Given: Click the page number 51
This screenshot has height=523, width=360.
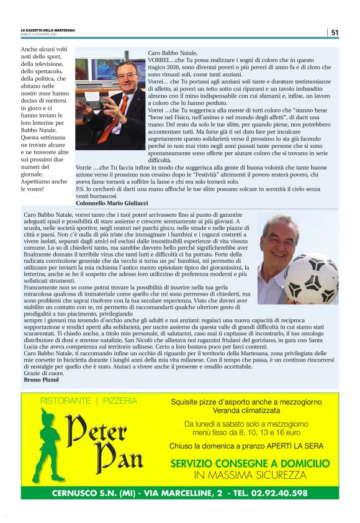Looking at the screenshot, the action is point(335,32).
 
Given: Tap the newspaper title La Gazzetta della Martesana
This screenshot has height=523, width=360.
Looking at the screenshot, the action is point(47,30).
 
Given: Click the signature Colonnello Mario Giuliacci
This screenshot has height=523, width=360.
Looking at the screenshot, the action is point(111,202).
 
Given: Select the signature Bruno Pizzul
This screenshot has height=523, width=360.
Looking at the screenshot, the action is point(38,378).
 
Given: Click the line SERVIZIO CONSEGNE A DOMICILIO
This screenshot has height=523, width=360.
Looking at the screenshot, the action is point(250,463).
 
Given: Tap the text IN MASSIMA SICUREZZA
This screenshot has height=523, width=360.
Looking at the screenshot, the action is point(250,475).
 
